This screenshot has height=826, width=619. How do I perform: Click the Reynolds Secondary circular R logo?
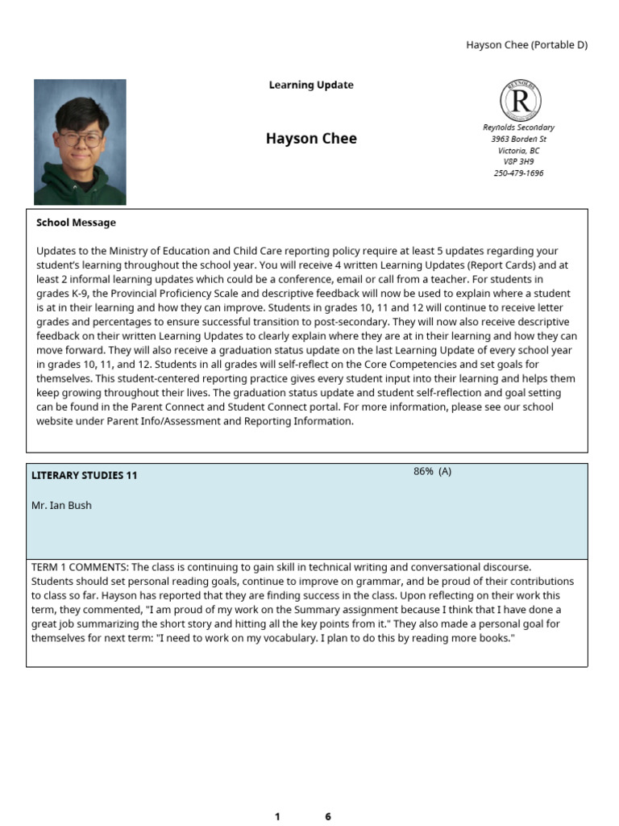521,101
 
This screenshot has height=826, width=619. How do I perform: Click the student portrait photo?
80,142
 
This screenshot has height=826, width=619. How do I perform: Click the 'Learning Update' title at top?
311,85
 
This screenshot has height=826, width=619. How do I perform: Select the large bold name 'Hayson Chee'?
311,139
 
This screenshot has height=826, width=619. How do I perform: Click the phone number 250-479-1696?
518,173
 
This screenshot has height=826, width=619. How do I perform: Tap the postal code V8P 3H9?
518,161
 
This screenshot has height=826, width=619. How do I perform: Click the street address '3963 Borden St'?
518,139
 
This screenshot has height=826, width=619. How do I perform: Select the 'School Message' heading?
76,223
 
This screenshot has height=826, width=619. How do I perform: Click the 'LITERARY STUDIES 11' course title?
84,476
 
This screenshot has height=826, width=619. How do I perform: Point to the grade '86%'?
423,472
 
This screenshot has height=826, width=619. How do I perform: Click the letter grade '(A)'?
444,472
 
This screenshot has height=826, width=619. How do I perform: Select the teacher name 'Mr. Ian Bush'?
61,506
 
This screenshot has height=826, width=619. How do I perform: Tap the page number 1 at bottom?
277,816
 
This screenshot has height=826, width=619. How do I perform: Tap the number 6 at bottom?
328,816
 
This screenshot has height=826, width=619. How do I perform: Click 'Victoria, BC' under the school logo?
518,150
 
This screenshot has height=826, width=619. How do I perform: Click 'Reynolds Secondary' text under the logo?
518,127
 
